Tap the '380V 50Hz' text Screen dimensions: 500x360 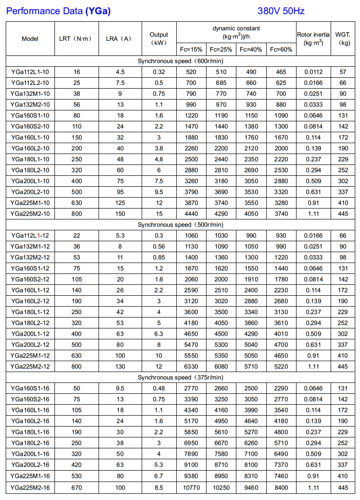point(282,10)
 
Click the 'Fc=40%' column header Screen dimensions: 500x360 point(251,49)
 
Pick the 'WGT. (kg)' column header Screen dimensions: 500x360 point(342,38)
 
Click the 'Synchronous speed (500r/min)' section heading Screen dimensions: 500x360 point(180,225)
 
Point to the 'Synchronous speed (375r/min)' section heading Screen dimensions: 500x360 point(180,377)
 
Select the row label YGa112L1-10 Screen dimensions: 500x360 point(30,72)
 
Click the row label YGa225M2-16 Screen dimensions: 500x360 point(30,487)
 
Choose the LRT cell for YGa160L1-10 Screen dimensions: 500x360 point(77,137)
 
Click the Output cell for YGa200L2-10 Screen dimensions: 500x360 point(159,192)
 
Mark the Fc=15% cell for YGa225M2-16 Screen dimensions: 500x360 point(191,487)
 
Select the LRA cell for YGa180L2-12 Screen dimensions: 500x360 point(120,323)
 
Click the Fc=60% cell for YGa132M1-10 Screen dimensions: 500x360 point(281,94)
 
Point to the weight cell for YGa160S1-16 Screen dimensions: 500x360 point(343,388)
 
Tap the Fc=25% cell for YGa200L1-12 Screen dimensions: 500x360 point(221,334)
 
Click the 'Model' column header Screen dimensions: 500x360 point(30,38)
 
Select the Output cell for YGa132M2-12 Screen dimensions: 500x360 point(159,257)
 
